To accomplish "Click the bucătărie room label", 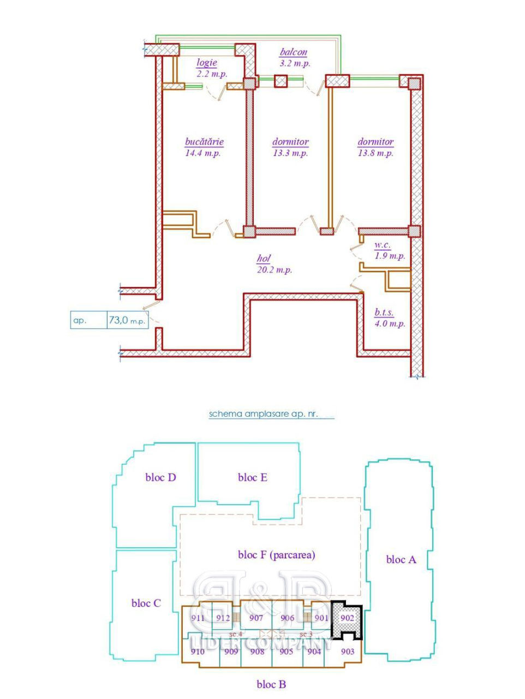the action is click(204, 142).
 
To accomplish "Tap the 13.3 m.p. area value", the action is click(290, 153).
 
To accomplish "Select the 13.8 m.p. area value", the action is click(376, 153).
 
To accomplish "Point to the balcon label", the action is click(294, 52).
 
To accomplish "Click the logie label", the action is click(207, 63).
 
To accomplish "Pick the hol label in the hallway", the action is click(264, 258).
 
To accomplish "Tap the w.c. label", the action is click(383, 245).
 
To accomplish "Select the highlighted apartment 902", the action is click(347, 618).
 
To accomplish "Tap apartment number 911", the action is click(198, 618).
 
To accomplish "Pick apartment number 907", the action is click(256, 618).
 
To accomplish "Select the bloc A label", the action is click(401, 560).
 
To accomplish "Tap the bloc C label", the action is click(146, 603).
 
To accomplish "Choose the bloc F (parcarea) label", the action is click(277, 555).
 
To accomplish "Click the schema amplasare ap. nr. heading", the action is click(263, 414).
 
